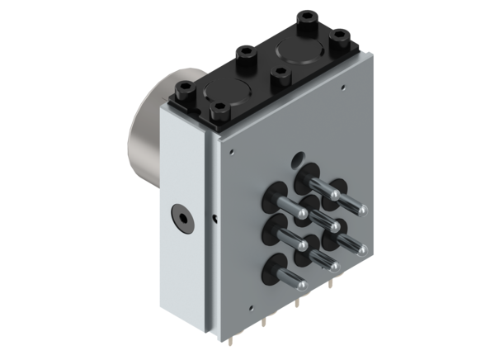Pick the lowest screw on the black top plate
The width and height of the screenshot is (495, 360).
pyautogui.click(x=220, y=108)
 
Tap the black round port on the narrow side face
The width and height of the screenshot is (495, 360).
pyautogui.click(x=178, y=219)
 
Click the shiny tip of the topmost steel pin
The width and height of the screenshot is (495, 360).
pyautogui.click(x=336, y=195)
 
